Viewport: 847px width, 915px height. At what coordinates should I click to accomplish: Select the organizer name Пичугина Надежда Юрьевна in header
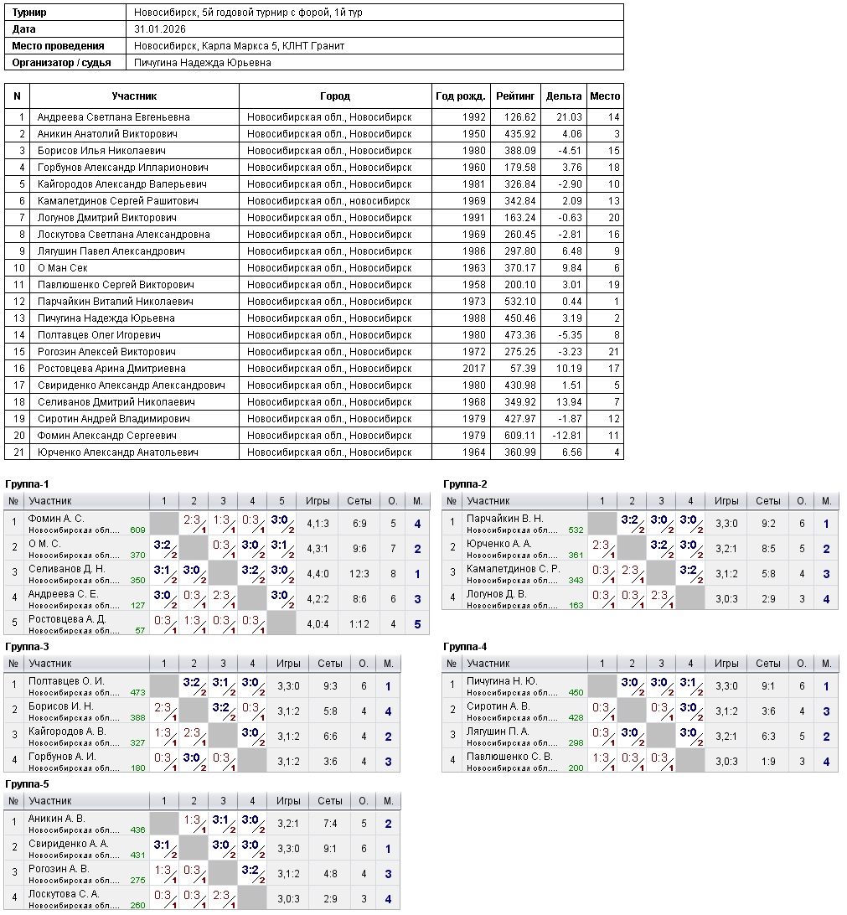coord(202,63)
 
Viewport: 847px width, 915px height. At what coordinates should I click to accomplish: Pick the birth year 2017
coord(473,369)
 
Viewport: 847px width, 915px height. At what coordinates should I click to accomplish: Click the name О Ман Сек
coord(63,268)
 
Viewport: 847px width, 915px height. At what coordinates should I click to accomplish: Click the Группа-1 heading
coord(27,484)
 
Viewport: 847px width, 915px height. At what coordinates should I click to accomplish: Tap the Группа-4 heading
coord(465,647)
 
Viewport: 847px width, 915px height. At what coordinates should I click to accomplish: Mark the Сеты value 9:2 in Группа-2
coord(767,524)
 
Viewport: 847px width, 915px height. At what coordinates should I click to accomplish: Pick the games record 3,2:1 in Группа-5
coord(288,824)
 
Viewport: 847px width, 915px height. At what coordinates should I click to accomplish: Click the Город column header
coord(335,96)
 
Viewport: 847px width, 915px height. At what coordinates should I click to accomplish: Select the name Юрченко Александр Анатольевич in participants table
coord(117,452)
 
